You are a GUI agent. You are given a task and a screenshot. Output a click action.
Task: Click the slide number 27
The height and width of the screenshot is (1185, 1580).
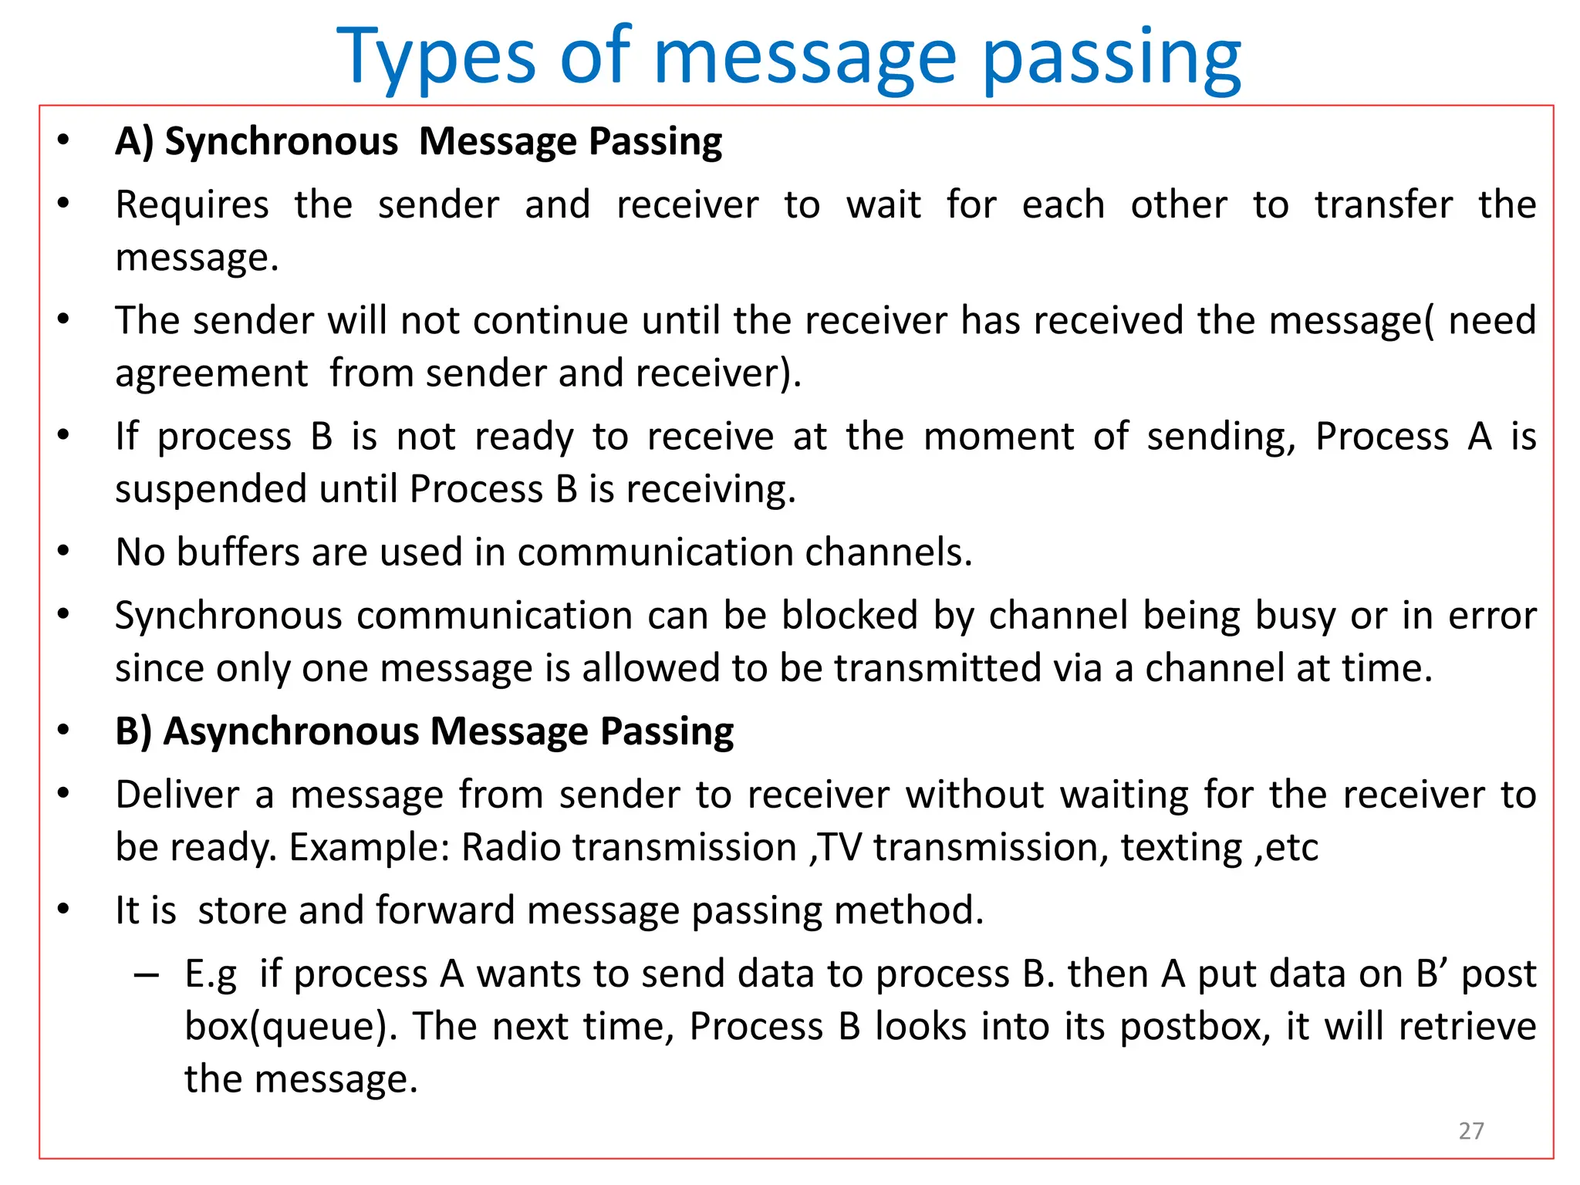[x=1470, y=1130]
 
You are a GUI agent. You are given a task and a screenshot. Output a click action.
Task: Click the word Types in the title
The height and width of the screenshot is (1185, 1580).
[x=436, y=57]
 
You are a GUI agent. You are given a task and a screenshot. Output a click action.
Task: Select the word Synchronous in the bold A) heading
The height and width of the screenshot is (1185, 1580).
[x=281, y=142]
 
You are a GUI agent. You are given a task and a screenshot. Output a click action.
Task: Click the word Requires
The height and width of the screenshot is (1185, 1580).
[x=192, y=205]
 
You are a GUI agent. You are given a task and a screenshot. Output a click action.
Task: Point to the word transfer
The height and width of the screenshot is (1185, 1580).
[x=1383, y=205]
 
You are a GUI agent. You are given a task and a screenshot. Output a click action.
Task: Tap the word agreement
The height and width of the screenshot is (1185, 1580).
[x=211, y=374]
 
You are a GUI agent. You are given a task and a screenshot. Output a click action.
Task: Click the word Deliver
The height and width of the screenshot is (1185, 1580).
[x=177, y=795]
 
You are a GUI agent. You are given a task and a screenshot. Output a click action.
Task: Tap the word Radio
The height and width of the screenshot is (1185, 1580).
[x=511, y=848]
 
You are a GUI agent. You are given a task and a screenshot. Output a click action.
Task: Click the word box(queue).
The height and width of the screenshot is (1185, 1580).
[x=286, y=1027]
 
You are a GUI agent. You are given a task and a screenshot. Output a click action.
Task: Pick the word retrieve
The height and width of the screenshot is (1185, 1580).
[x=1467, y=1027]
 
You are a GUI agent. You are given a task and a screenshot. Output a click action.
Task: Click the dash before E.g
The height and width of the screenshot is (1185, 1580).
[x=146, y=974]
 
